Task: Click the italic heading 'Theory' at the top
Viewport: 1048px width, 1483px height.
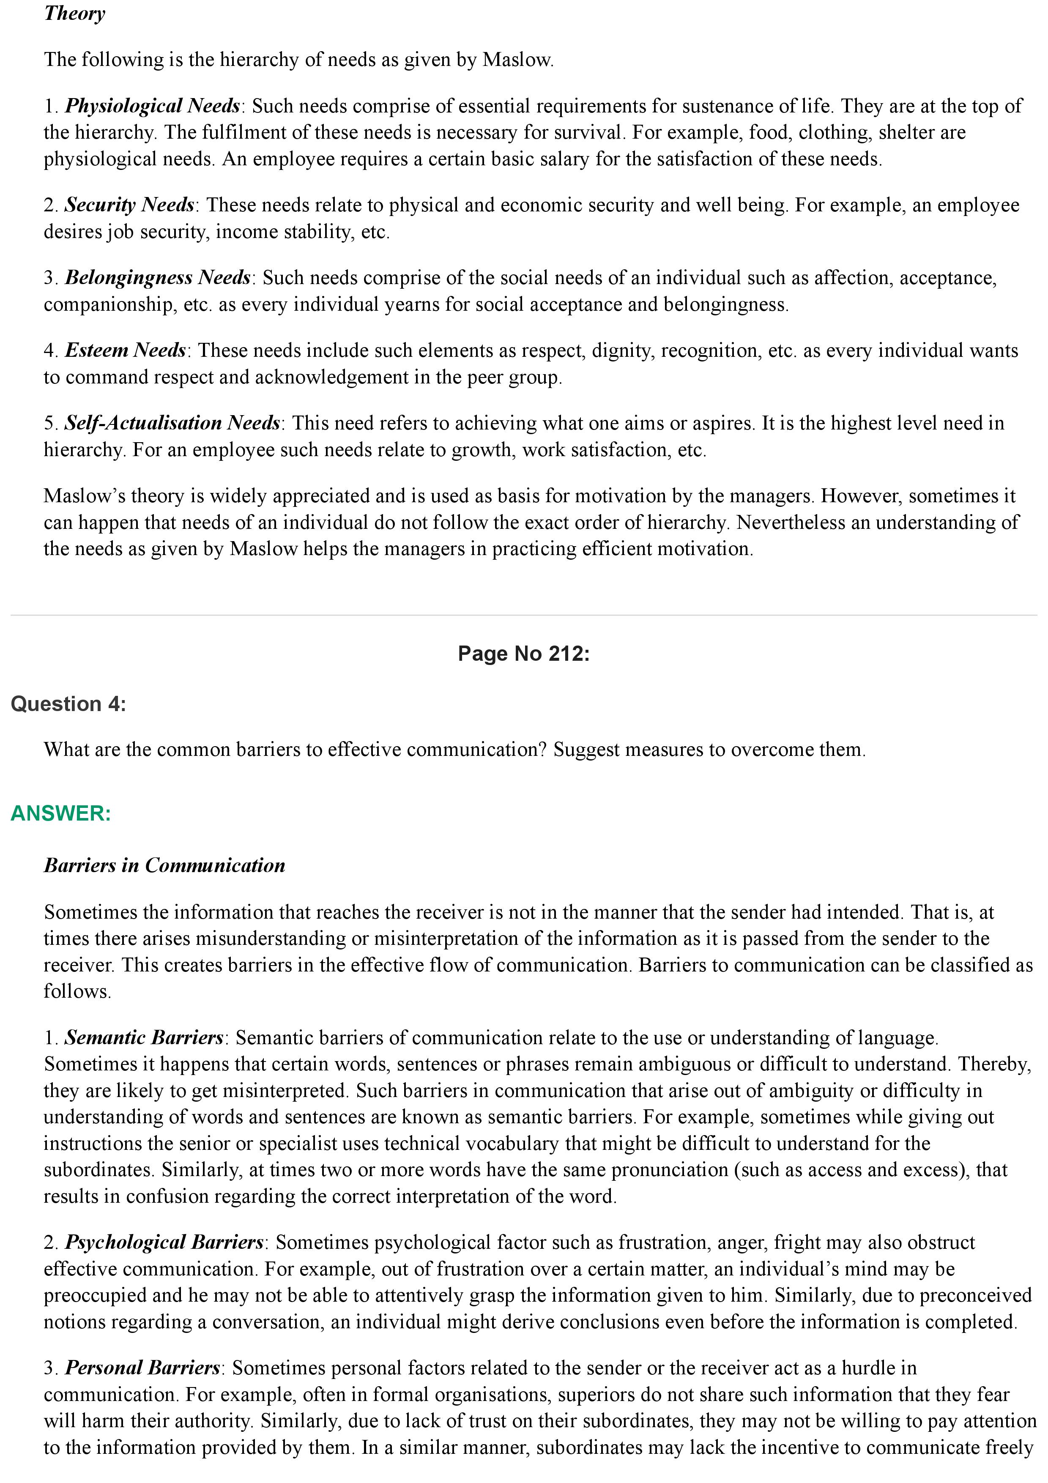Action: point(74,13)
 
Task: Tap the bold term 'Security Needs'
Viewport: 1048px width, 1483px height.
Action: point(129,205)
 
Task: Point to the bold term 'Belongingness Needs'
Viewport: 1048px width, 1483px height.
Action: point(158,278)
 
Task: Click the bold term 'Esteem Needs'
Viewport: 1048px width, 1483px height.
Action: point(125,350)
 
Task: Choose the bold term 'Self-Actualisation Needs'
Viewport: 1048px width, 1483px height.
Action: point(172,423)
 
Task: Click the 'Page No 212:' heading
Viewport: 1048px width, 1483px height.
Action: point(524,654)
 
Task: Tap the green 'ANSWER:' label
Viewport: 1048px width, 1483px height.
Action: point(61,813)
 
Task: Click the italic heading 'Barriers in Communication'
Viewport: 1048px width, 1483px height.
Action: point(164,865)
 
